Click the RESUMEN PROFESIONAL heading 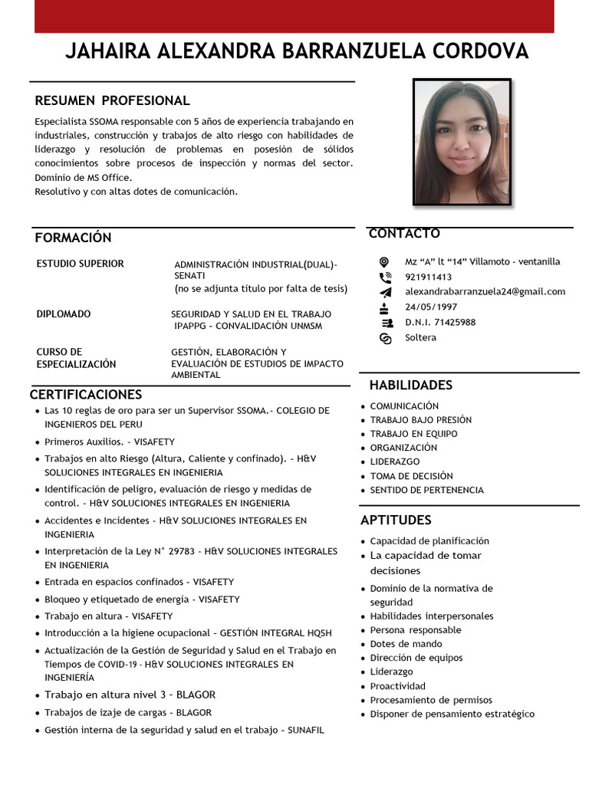[112, 100]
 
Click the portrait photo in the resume [462, 143]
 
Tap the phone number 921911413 [428, 277]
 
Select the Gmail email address [485, 291]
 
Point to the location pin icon [385, 261]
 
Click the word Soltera [420, 337]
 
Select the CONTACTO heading [404, 233]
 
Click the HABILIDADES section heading [410, 385]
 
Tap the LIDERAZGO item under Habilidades [394, 461]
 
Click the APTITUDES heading [396, 520]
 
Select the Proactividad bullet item [397, 686]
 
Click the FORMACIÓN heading [73, 238]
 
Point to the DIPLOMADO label [64, 314]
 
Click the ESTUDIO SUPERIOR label [80, 264]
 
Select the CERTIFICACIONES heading [86, 394]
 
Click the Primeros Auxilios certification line [110, 442]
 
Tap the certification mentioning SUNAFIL [184, 730]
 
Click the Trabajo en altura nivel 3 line [130, 695]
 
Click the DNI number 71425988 [440, 322]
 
